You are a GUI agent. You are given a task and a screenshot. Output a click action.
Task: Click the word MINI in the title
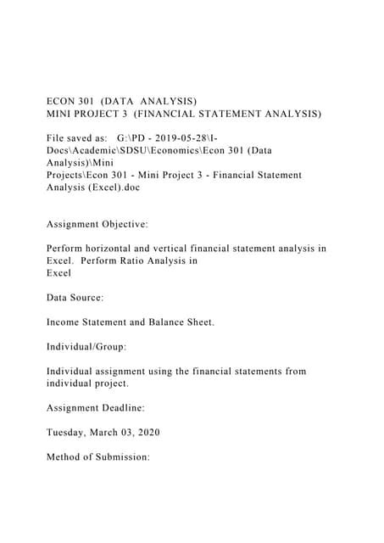(60, 112)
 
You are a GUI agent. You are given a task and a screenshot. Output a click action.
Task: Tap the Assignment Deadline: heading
(95, 408)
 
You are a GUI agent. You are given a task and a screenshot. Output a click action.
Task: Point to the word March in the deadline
(119, 433)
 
